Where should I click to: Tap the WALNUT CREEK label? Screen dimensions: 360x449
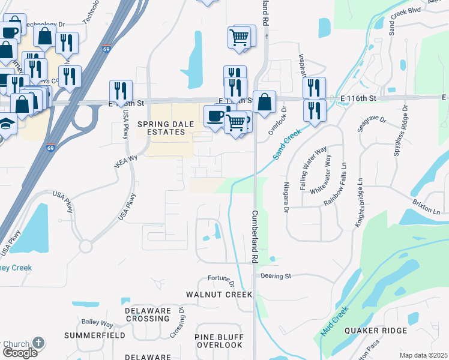(219, 295)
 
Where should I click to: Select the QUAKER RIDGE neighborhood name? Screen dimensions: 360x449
(376, 331)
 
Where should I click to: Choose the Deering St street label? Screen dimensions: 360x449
(276, 276)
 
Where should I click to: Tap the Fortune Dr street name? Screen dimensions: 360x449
(219, 278)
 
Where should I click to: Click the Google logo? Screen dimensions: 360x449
(19, 353)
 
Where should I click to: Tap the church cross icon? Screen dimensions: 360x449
(38, 343)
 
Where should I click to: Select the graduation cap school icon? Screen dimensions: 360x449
(6, 124)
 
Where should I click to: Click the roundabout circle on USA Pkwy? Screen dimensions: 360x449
(86, 246)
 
